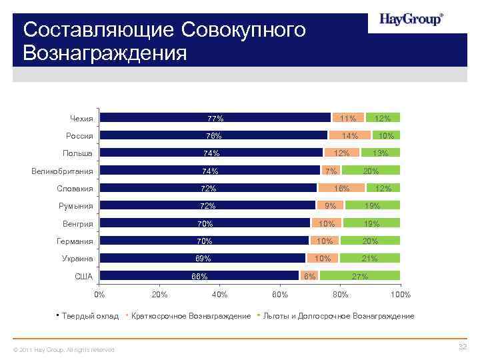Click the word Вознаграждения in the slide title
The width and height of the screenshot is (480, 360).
point(105,52)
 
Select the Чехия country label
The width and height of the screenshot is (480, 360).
point(81,119)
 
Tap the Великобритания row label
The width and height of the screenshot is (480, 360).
point(62,171)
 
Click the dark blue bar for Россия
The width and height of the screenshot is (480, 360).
point(213,135)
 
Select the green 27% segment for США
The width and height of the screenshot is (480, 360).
point(359,276)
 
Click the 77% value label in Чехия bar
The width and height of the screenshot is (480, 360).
point(215,119)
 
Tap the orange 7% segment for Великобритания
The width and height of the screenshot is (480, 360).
point(330,171)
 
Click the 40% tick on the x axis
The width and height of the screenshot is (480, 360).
point(219,294)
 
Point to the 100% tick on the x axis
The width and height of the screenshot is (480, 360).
point(401,294)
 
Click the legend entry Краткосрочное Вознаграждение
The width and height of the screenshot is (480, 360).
point(191,316)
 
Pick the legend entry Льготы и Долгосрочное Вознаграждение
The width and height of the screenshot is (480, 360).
point(339,316)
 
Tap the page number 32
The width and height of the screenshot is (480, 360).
point(461,347)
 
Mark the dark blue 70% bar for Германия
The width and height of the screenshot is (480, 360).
point(204,241)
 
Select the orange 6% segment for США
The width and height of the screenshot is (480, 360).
point(309,276)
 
